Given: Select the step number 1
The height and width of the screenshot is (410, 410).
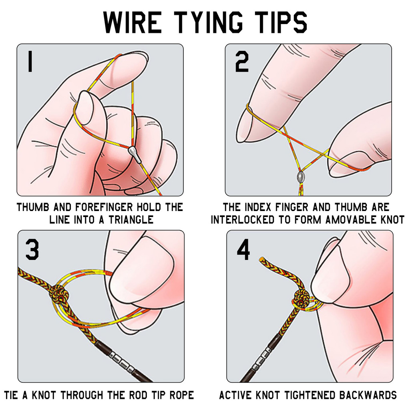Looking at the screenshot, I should click(30, 62).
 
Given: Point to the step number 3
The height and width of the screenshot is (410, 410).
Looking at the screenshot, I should click(32, 249).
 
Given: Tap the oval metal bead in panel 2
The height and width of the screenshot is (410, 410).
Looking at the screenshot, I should click(300, 176).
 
